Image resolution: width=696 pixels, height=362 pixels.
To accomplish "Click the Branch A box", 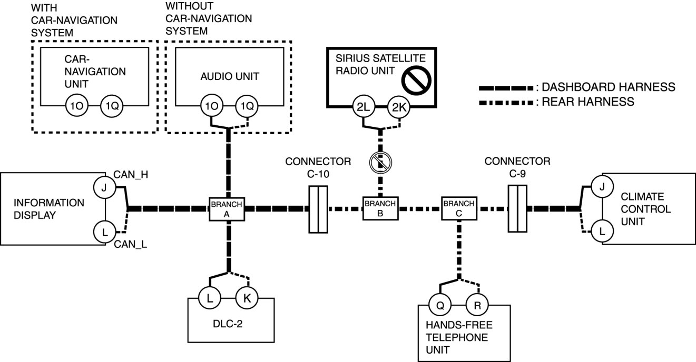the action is click(227, 209).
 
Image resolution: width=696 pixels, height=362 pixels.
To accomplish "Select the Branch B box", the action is click(380, 208).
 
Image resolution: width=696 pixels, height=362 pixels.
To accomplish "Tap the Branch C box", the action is click(459, 208).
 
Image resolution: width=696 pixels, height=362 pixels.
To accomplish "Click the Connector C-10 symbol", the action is click(318, 209).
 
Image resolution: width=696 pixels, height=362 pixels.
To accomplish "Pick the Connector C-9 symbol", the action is click(517, 208).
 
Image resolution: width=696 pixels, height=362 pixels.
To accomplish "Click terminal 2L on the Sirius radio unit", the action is click(363, 107).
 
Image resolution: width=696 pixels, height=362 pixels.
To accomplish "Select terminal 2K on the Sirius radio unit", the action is click(399, 107).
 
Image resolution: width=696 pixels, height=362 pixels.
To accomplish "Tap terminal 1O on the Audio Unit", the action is click(212, 106).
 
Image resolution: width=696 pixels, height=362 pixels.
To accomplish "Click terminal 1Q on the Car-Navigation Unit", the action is click(112, 106).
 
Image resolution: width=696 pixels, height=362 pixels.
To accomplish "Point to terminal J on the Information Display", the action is click(104, 187).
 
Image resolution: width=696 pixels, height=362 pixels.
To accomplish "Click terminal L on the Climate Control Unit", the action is click(602, 231).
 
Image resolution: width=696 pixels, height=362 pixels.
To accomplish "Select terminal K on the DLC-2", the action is click(247, 298).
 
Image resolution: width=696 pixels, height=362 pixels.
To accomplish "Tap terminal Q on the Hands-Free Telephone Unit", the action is click(440, 305).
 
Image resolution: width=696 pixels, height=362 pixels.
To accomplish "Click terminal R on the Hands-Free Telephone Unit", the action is click(477, 305).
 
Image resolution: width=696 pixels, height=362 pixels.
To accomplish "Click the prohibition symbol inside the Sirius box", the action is click(416, 81).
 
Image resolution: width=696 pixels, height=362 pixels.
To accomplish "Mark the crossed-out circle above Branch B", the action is click(380, 162).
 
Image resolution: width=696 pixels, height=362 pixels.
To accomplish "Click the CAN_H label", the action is click(131, 175).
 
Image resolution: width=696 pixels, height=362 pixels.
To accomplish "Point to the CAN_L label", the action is click(131, 244).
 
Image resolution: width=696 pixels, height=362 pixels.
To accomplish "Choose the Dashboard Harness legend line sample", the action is click(506, 88).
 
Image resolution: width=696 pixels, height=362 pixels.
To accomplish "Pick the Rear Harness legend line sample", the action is click(506, 103).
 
